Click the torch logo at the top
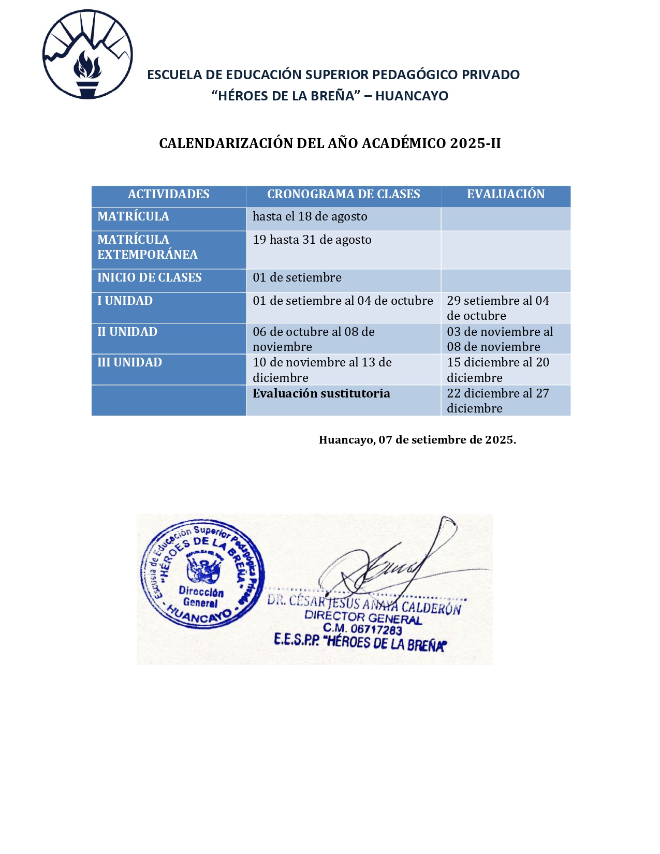(87, 54)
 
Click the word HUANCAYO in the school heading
(412, 96)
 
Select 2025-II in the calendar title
(475, 143)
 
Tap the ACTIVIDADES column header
(169, 194)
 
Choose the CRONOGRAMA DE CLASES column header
(343, 194)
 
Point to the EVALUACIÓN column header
(505, 194)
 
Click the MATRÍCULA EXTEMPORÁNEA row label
(148, 247)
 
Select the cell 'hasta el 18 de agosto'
(310, 216)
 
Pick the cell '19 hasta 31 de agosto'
(312, 240)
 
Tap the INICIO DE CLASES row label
(150, 277)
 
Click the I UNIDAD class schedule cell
(343, 301)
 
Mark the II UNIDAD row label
(127, 332)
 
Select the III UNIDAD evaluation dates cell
(497, 370)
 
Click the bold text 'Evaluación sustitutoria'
(321, 393)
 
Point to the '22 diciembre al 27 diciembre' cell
(497, 401)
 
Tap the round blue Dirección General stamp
(202, 574)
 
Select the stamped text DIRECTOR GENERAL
(363, 617)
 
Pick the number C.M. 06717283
(362, 629)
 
